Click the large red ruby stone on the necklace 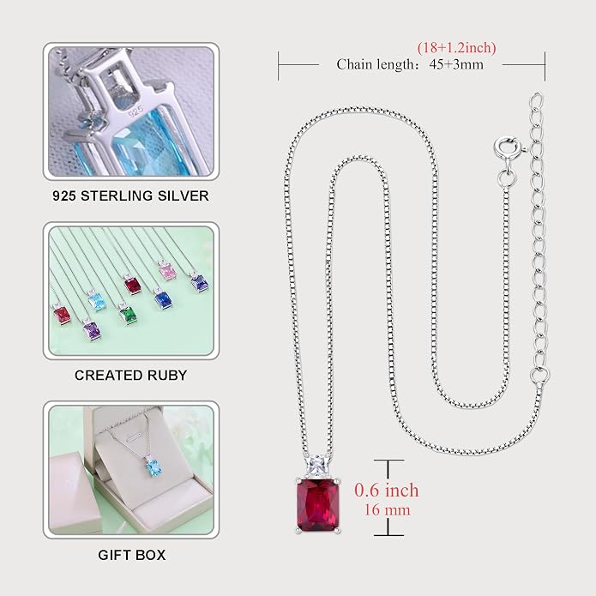coord(318,505)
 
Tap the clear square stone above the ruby coord(316,466)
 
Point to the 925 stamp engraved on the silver coord(135,111)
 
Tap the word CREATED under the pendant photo coord(108,375)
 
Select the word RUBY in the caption coord(167,375)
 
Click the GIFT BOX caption coord(131,555)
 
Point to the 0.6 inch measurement coord(386,490)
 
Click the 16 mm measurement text coord(388,509)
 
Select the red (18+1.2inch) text coord(456,48)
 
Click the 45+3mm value coord(456,64)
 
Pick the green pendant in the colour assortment coord(127,315)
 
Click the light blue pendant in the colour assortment coord(97,301)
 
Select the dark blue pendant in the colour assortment coord(163,298)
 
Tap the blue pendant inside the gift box coord(154,467)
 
